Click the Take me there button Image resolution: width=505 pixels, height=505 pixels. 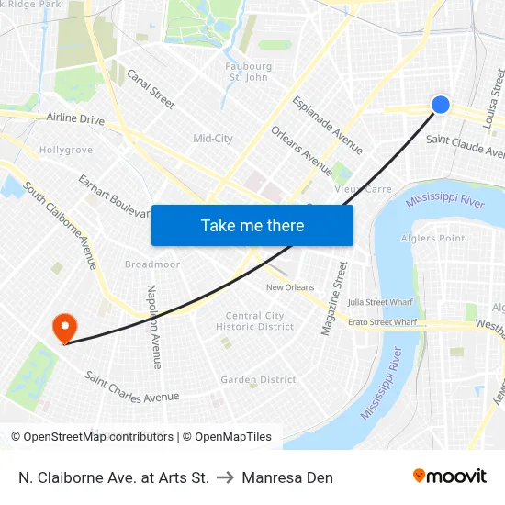252,225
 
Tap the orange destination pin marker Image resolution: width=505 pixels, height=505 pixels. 64,327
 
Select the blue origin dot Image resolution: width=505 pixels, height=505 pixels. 441,105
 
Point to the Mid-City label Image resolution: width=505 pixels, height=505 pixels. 212,139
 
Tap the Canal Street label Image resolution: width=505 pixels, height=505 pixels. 151,89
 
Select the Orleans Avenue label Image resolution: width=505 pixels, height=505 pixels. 302,150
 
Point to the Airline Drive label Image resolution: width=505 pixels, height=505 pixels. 75,118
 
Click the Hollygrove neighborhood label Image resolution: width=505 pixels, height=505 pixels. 66,150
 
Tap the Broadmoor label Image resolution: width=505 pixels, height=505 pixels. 152,264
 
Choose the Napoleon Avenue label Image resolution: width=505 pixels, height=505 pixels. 153,326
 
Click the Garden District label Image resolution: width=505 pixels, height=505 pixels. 258,379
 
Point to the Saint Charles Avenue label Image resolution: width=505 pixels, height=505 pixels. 131,387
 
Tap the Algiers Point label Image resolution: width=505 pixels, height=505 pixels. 432,239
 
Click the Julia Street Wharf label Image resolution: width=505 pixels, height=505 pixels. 380,301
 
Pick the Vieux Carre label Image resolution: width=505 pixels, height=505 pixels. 363,189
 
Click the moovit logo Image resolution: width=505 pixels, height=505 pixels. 450,476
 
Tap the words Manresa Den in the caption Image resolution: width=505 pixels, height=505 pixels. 287,477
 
